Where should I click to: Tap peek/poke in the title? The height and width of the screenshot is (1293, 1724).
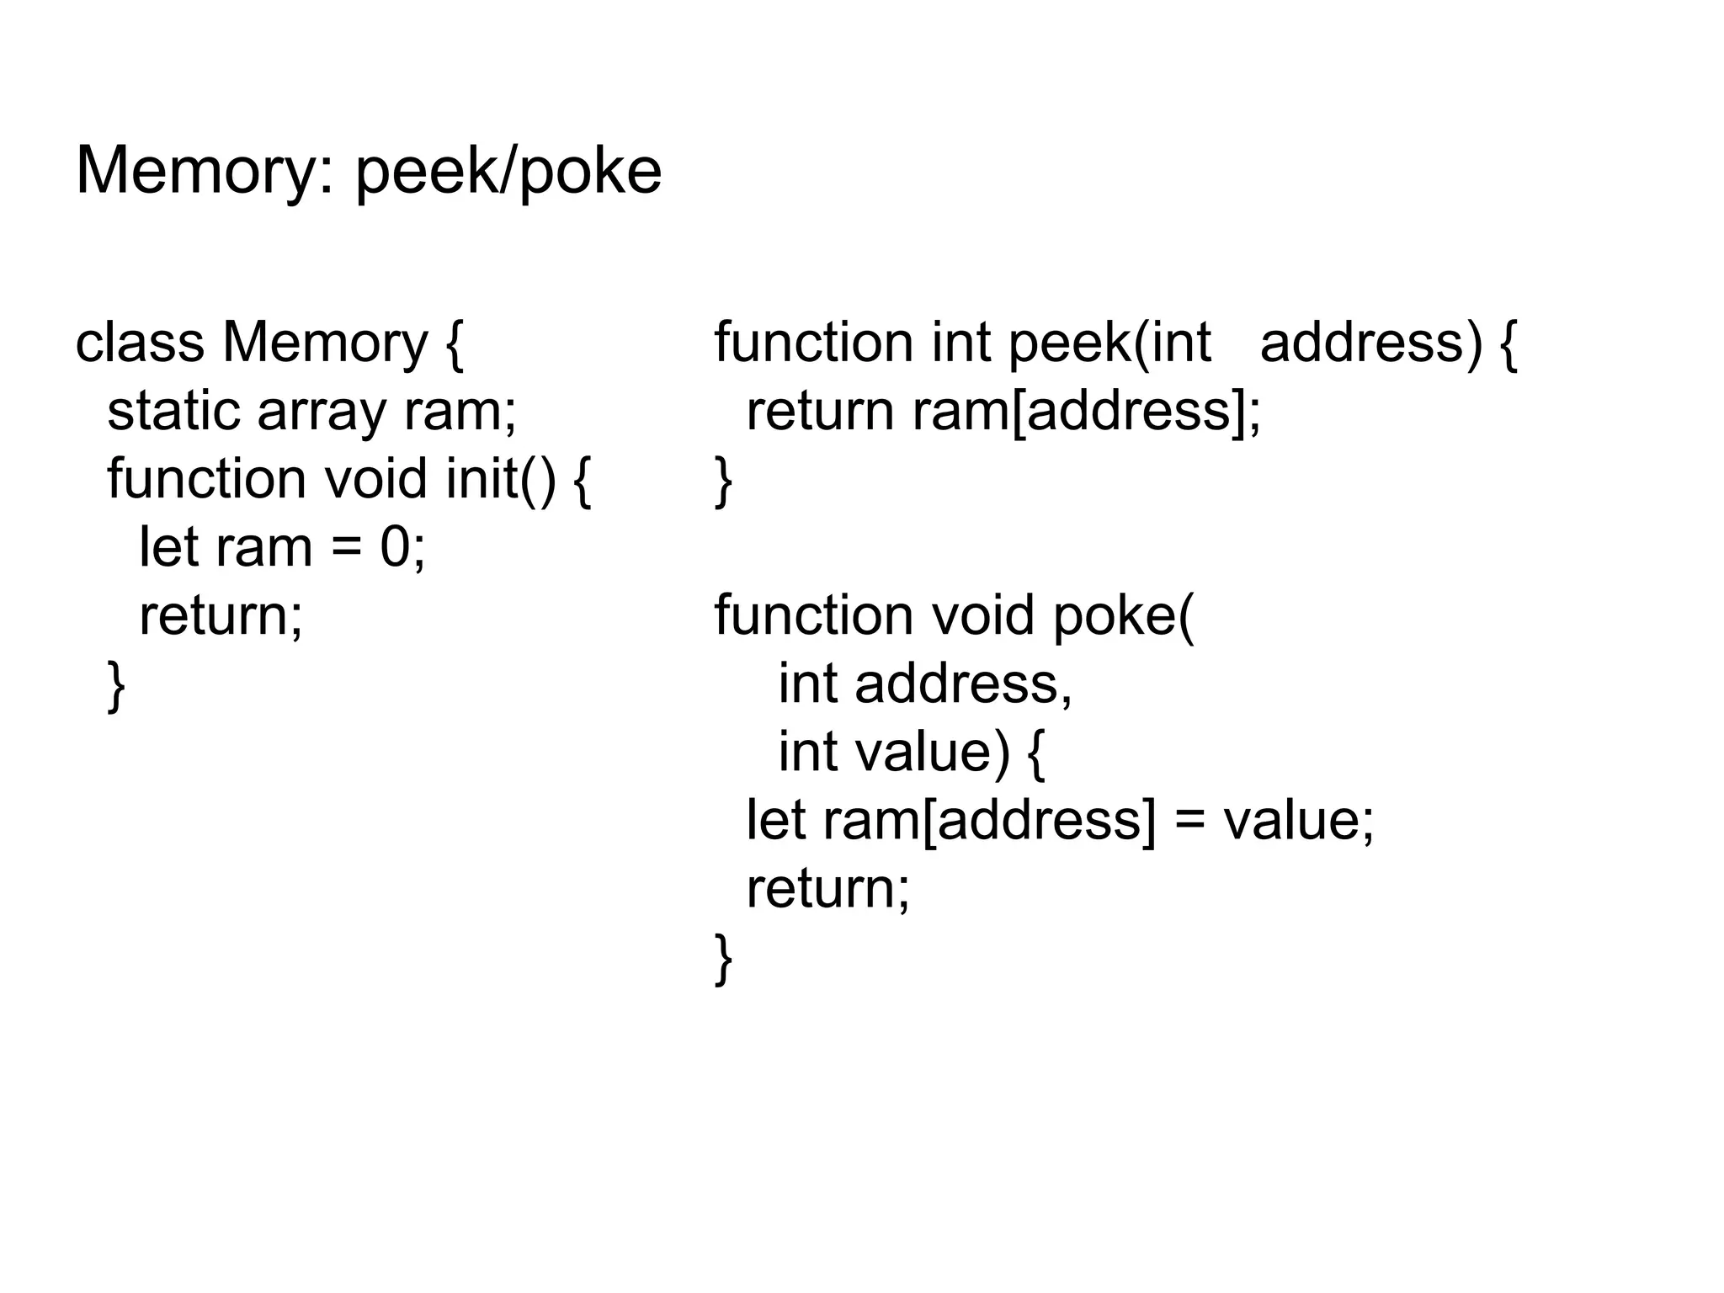click(x=508, y=173)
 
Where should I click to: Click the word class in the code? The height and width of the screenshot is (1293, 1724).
click(x=140, y=343)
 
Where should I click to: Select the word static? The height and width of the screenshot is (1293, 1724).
click(x=173, y=412)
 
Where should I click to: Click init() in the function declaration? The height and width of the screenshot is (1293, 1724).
click(x=501, y=480)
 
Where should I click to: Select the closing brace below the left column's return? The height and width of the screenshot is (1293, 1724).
click(x=116, y=686)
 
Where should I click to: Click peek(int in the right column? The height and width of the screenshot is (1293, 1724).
click(x=1109, y=343)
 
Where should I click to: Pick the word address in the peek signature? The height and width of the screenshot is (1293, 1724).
click(x=1370, y=343)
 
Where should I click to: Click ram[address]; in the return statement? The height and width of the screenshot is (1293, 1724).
click(x=1087, y=412)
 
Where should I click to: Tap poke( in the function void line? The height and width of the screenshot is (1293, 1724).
click(x=1123, y=617)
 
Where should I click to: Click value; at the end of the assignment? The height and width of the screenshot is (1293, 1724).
click(x=1298, y=820)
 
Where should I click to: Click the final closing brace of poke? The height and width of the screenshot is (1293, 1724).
click(x=723, y=958)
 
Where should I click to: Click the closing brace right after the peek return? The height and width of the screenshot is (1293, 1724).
click(x=723, y=481)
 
